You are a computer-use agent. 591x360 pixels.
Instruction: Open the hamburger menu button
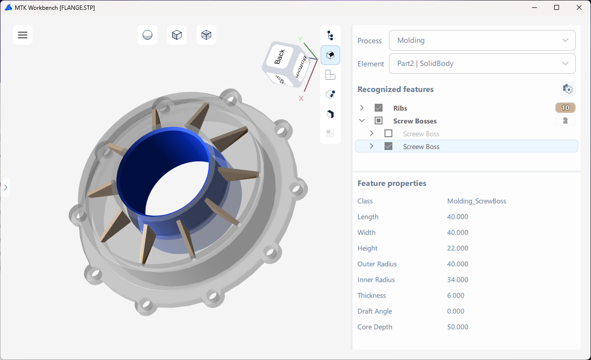tap(23, 35)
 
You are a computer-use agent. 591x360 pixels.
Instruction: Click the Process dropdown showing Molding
tap(482, 40)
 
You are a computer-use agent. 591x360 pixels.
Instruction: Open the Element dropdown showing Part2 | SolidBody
tap(482, 63)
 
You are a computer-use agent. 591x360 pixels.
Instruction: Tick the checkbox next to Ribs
tap(379, 108)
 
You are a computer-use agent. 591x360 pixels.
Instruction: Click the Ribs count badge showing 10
tap(565, 108)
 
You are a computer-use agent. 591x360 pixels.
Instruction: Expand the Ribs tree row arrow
tap(362, 108)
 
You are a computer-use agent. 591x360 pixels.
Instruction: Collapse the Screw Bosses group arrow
tap(362, 120)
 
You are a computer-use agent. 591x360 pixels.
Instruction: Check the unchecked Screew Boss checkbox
tap(388, 134)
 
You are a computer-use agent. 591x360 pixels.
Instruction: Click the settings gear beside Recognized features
tap(567, 89)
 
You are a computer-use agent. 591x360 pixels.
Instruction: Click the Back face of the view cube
tap(280, 57)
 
